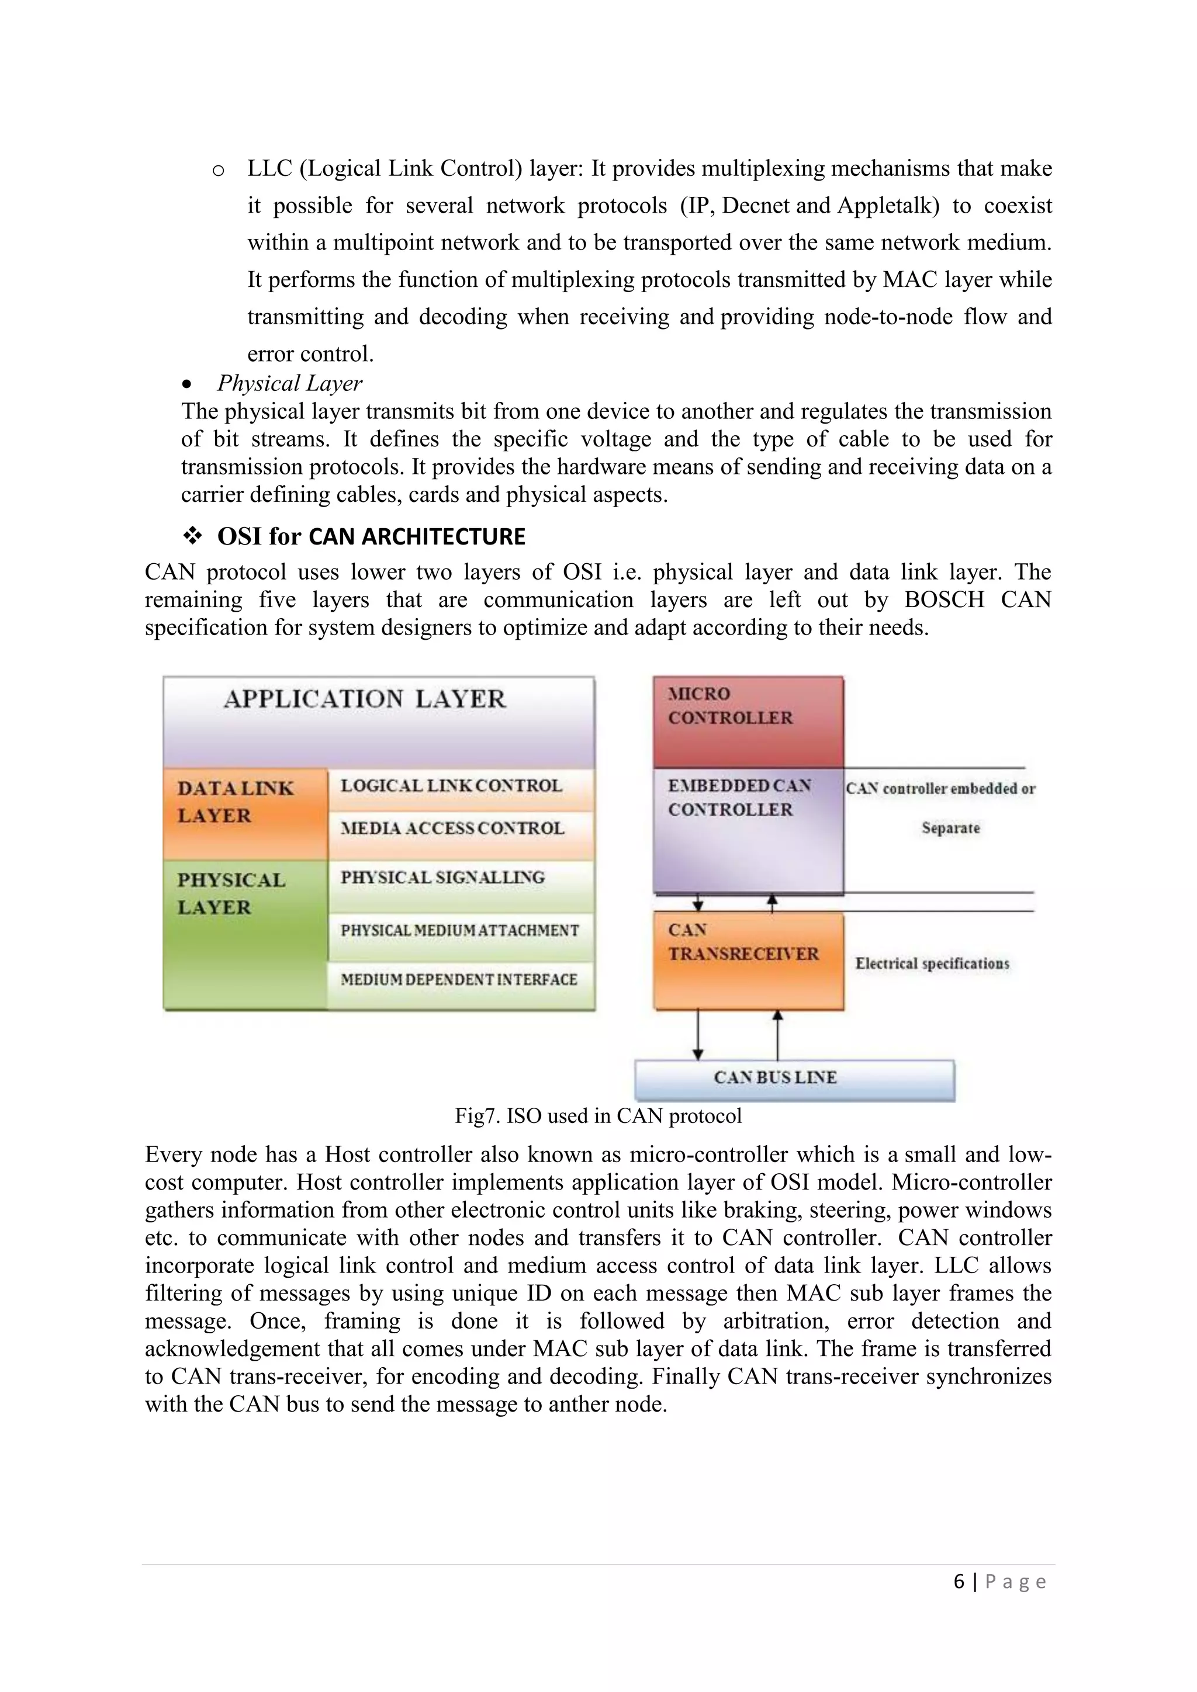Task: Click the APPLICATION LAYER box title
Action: (x=365, y=699)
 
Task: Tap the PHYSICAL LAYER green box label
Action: (x=231, y=893)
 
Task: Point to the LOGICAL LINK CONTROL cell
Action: (x=451, y=786)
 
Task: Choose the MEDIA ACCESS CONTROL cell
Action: (x=452, y=828)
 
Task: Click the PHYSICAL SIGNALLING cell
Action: (x=442, y=878)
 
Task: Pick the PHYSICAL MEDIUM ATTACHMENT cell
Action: (x=460, y=931)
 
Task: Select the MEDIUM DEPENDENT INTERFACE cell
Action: (x=458, y=979)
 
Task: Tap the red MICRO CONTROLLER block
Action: (x=748, y=722)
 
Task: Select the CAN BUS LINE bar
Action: (x=794, y=1078)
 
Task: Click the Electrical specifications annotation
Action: (x=932, y=963)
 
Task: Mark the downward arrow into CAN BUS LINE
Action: (x=698, y=1035)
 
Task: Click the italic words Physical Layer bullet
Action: (x=289, y=383)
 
